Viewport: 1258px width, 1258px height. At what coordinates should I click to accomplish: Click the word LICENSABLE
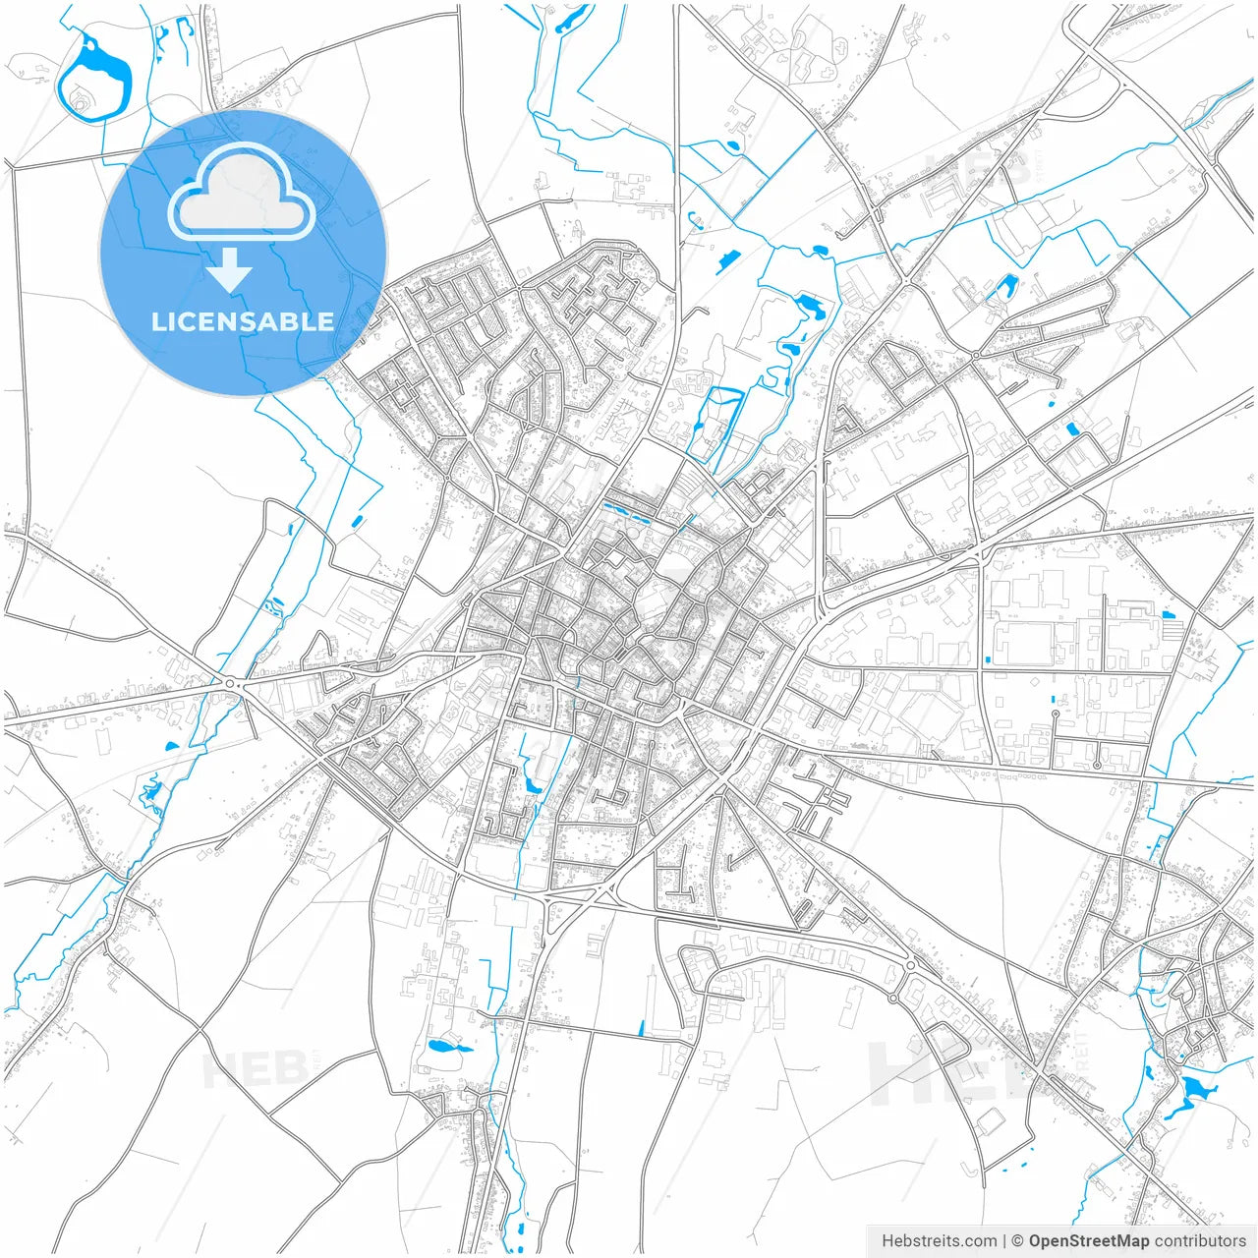[x=243, y=321]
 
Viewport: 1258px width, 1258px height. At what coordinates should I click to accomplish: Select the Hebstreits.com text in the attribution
[x=939, y=1241]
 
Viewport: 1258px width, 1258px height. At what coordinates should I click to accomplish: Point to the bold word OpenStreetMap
[x=1088, y=1241]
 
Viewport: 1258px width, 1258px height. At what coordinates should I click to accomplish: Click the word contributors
[x=1200, y=1241]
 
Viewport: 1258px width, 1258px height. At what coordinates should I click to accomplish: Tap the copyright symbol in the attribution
[x=1018, y=1241]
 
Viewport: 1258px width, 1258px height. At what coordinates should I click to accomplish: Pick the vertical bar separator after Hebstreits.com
[x=1003, y=1241]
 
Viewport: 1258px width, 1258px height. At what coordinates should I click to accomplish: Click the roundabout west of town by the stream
[x=230, y=683]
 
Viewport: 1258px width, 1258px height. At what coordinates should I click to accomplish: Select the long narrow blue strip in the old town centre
[x=629, y=512]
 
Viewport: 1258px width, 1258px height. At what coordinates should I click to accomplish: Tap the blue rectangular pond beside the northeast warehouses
[x=1072, y=429]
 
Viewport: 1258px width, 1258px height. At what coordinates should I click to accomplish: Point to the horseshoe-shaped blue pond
[x=1004, y=286]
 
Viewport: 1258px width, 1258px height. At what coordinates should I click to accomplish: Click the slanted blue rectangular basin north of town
[x=728, y=258]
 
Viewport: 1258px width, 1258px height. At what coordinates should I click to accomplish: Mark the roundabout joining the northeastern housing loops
[x=975, y=355]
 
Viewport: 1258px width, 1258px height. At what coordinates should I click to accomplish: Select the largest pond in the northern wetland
[x=812, y=307]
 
